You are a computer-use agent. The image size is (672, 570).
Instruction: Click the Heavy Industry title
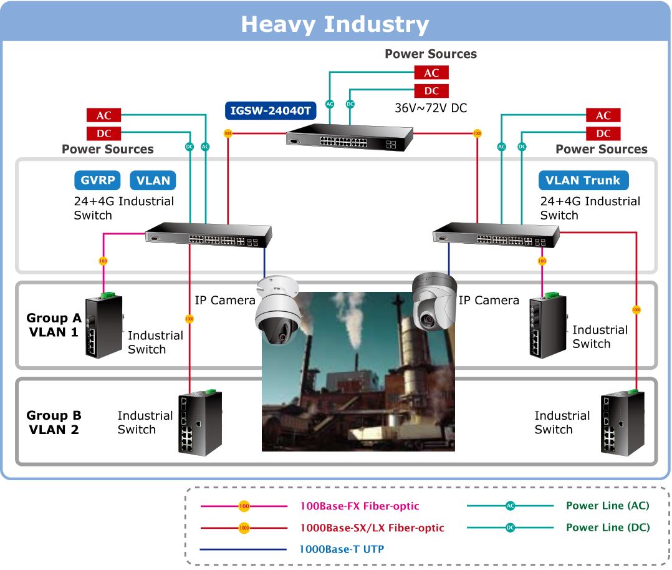(335, 24)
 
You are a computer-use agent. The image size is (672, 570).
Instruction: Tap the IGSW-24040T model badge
(271, 110)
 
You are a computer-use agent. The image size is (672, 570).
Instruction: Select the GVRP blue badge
(97, 180)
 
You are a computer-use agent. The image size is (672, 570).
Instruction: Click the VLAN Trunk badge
(583, 180)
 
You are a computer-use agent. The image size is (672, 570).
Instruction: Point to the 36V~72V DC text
(431, 108)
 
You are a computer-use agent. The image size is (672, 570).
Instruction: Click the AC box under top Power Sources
(431, 72)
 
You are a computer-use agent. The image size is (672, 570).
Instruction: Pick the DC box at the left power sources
(103, 133)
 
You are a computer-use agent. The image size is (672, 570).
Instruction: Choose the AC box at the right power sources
(603, 115)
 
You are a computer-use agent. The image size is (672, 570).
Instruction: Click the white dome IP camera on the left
(278, 309)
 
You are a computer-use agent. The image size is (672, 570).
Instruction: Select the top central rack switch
(349, 137)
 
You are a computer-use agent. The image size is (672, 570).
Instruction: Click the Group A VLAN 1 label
(54, 325)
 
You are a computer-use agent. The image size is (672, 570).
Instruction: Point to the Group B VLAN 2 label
(54, 422)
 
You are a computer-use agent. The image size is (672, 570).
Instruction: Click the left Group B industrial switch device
(200, 422)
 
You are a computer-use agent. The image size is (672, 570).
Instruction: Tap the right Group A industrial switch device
(548, 326)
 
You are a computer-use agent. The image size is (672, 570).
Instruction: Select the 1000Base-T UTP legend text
(342, 549)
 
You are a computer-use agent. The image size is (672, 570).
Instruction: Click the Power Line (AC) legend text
(608, 506)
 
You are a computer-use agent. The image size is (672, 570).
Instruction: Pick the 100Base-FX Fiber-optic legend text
(360, 506)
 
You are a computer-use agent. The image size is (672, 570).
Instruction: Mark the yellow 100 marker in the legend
(244, 506)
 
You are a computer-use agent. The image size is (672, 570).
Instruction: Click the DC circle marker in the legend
(510, 528)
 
